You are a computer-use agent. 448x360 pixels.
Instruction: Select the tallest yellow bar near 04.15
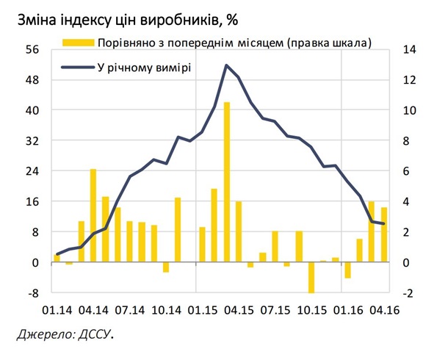point(227,182)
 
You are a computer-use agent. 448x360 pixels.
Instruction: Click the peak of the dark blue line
point(227,65)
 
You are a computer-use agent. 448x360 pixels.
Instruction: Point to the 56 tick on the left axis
point(32,49)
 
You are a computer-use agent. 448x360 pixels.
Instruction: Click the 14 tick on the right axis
point(408,49)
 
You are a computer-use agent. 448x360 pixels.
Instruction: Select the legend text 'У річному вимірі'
point(145,68)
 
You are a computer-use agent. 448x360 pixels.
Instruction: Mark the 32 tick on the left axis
point(32,140)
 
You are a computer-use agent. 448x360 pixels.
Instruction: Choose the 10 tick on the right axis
point(408,110)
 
